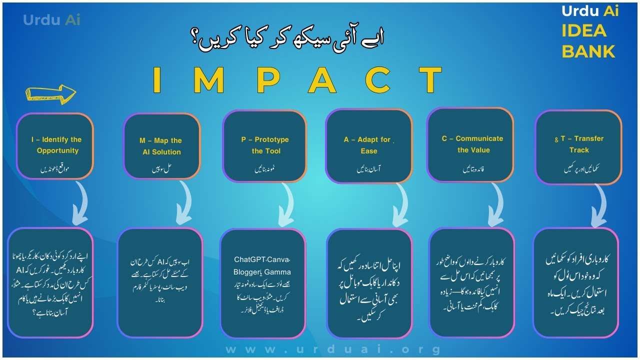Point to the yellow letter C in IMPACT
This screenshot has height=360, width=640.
378,80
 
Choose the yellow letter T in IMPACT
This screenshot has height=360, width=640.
430,80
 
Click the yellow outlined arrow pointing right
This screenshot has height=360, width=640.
50,92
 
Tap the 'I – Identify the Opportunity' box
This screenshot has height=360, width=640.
55,146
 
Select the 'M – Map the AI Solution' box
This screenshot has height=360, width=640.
161,146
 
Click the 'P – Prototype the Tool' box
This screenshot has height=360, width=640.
264,146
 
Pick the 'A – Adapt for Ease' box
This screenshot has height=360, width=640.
368,146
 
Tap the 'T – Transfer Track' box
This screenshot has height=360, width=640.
578,146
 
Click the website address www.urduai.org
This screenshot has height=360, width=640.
333,349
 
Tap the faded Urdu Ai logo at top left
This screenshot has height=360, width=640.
51,20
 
